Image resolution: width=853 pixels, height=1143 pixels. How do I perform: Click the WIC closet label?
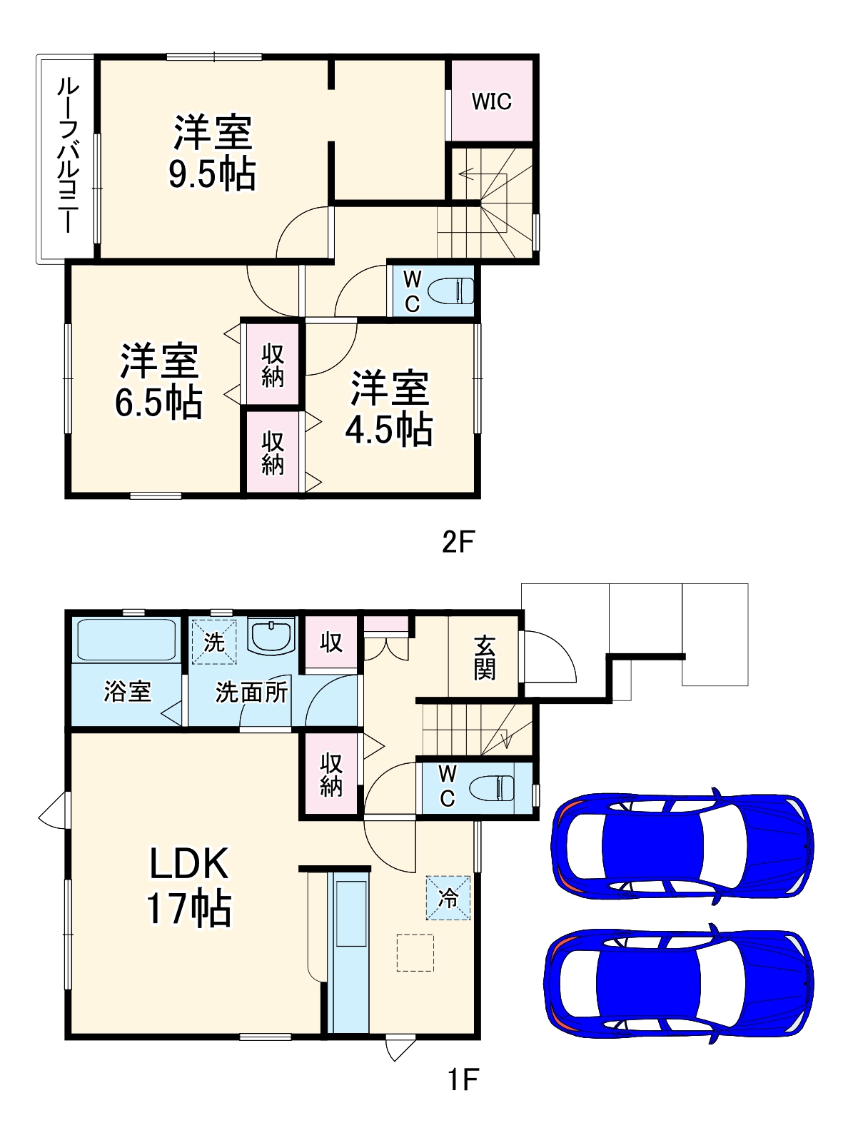click(x=491, y=101)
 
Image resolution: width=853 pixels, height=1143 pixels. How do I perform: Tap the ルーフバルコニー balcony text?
click(x=67, y=156)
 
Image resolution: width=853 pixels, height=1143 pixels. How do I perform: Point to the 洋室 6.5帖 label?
click(x=158, y=381)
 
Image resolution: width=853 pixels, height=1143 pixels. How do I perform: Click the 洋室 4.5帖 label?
click(x=389, y=408)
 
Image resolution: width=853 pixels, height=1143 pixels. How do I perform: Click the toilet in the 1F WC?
click(x=492, y=787)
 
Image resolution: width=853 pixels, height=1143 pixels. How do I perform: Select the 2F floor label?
click(x=458, y=543)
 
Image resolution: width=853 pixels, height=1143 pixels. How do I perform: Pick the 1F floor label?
click(x=463, y=1079)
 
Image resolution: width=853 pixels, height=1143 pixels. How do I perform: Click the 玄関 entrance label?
click(x=485, y=658)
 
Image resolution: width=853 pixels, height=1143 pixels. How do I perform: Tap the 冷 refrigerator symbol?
click(x=448, y=897)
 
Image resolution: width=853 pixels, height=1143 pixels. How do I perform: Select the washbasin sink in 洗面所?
click(x=271, y=635)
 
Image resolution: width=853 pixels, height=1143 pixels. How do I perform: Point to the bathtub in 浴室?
click(x=126, y=640)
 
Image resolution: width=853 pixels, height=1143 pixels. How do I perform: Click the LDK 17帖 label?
click(x=188, y=886)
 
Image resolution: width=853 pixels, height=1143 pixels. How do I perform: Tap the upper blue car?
click(x=682, y=849)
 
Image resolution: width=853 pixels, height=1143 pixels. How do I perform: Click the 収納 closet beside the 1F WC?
click(x=330, y=775)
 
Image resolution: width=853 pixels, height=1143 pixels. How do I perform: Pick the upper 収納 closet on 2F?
click(x=272, y=365)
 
